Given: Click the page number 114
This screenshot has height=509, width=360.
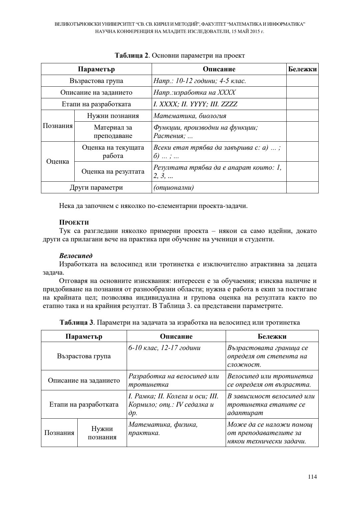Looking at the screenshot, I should click(x=312, y=477).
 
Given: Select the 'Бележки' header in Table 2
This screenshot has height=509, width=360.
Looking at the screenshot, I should click(x=302, y=69).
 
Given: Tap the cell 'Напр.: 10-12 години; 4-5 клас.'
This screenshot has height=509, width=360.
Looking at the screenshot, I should click(x=200, y=81).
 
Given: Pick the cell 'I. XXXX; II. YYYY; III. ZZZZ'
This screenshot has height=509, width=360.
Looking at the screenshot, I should click(x=195, y=104).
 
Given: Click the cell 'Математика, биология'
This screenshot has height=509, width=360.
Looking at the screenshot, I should click(x=190, y=116).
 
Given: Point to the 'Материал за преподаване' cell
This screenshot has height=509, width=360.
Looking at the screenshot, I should click(x=113, y=132).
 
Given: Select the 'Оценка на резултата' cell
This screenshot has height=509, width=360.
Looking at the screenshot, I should click(x=113, y=172).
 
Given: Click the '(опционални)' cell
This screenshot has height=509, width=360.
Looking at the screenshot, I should click(x=173, y=187).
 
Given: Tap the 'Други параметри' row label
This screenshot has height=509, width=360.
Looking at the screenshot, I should click(x=96, y=187).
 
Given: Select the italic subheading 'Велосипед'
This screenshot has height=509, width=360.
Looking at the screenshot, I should click(x=76, y=256).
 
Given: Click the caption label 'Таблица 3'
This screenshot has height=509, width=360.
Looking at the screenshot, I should click(x=76, y=323).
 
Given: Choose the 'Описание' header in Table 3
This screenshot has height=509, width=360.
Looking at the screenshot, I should click(x=176, y=336).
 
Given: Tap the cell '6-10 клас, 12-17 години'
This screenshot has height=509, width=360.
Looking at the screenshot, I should click(x=165, y=348).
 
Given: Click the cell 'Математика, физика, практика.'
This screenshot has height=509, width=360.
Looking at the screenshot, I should click(x=163, y=429).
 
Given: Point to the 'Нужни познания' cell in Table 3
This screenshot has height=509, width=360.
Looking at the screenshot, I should click(x=102, y=433).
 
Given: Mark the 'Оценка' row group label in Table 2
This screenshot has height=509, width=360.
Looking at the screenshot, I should click(x=58, y=162).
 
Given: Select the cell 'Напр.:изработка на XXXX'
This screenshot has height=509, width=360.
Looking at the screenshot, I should click(x=194, y=93).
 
